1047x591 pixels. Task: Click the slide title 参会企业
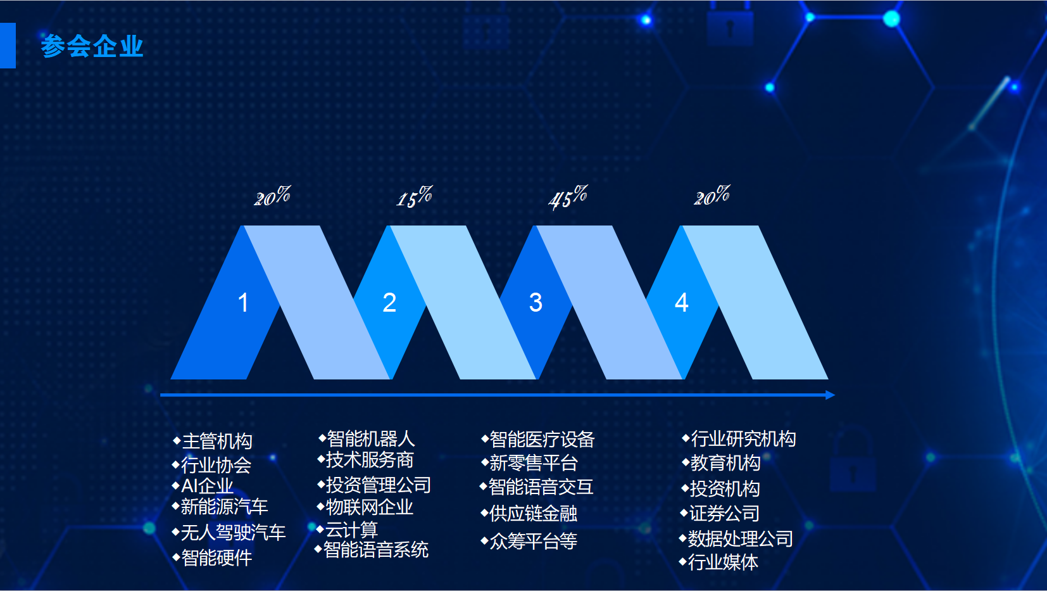tap(92, 46)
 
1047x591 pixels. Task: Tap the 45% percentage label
tap(568, 197)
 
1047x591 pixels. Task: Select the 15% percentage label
tap(415, 197)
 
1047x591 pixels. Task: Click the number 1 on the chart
tap(243, 302)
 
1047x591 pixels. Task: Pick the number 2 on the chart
tap(389, 302)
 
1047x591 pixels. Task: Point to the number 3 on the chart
tap(536, 302)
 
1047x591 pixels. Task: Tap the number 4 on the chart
tap(682, 302)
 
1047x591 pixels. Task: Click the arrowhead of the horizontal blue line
tap(831, 395)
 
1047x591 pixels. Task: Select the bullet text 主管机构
tap(217, 442)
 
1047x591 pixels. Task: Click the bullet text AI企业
tap(207, 486)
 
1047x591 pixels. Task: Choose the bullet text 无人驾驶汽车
tap(233, 533)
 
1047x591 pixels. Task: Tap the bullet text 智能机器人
tap(371, 438)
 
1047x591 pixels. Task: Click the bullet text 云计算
tap(351, 530)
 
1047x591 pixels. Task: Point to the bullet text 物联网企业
tap(369, 507)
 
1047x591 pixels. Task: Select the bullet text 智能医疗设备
tap(542, 440)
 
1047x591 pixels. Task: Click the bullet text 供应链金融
tap(534, 513)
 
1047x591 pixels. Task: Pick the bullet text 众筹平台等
tap(534, 541)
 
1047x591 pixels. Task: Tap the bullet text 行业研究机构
tap(743, 438)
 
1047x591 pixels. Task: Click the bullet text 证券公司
tap(725, 513)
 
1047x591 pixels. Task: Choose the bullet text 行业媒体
tap(723, 562)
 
